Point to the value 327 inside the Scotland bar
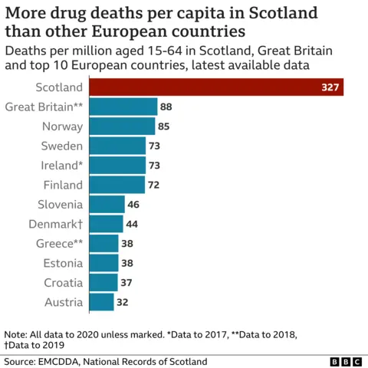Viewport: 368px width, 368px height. [330, 87]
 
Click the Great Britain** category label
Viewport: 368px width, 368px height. [44, 107]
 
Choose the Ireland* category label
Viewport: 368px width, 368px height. [61, 165]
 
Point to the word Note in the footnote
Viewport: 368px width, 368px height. [15, 335]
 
